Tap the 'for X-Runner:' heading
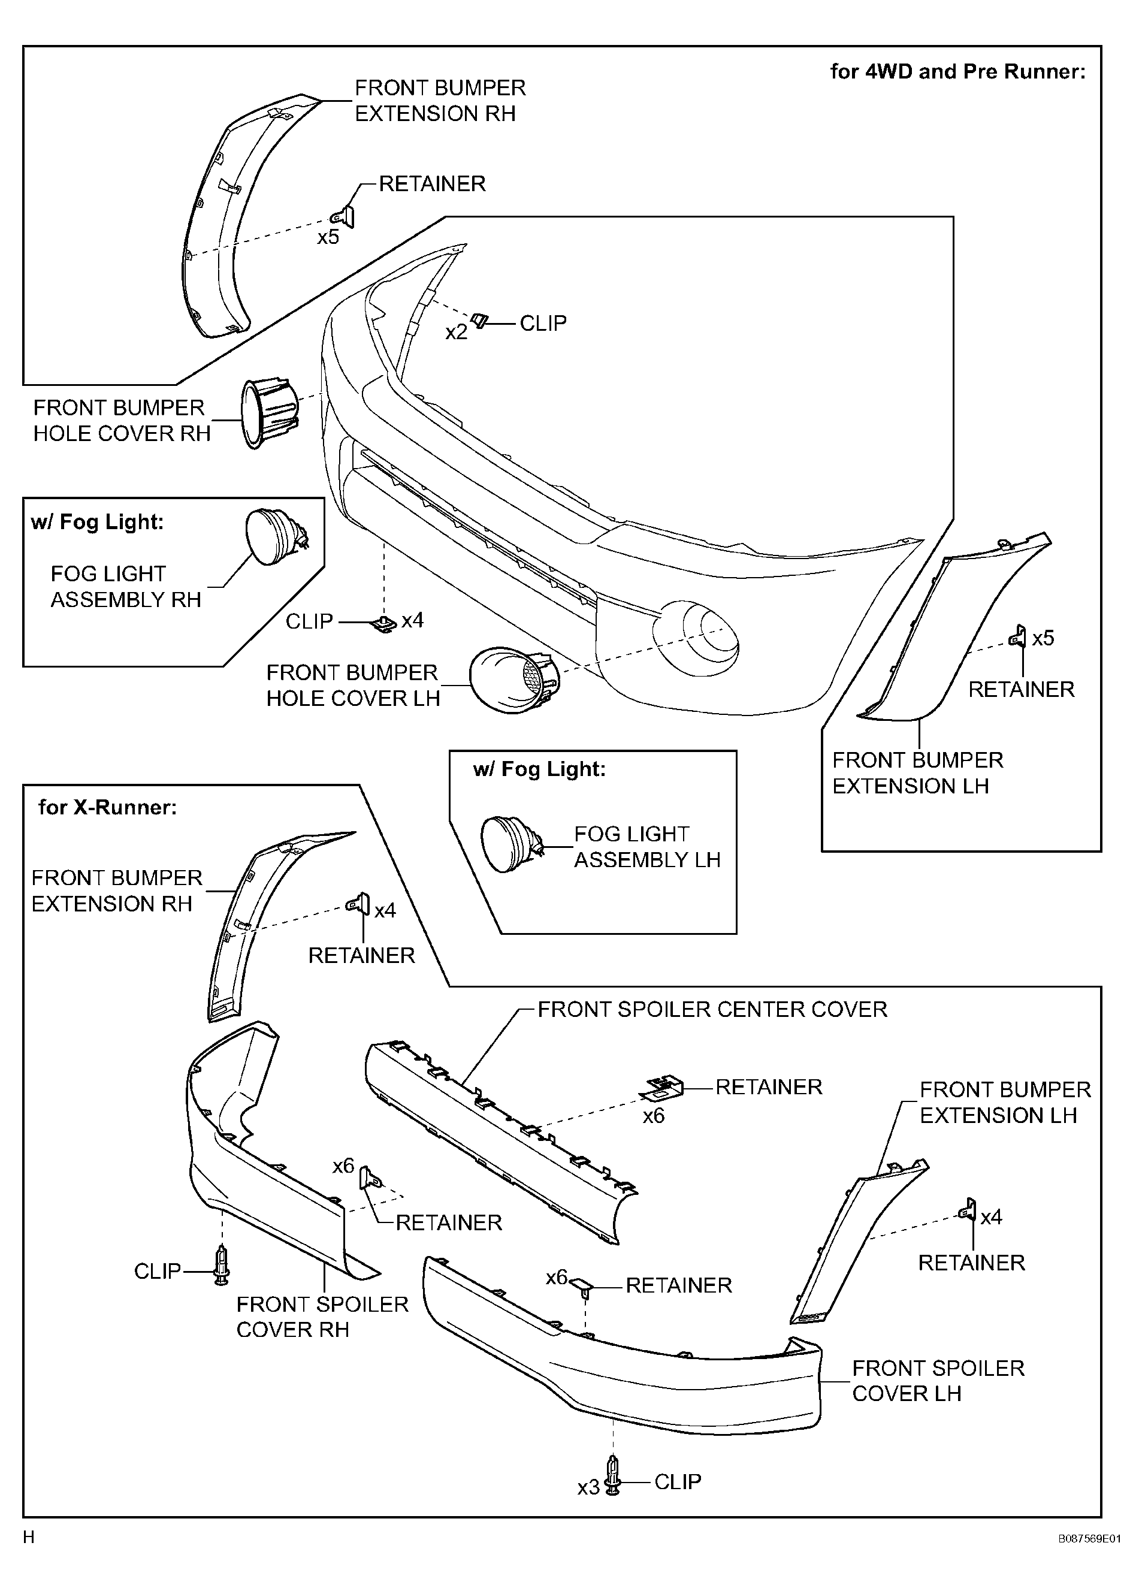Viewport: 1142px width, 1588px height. coord(108,807)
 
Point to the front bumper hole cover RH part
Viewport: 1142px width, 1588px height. coord(269,414)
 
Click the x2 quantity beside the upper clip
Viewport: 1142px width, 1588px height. coord(456,332)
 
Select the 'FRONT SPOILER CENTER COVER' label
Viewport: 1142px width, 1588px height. coord(712,1009)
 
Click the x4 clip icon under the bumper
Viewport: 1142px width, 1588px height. coord(383,623)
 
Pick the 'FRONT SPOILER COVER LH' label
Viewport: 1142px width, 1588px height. coord(938,1380)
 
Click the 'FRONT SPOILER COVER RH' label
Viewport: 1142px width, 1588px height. coord(322,1317)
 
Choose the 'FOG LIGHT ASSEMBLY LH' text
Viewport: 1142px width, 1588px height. coord(647,847)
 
